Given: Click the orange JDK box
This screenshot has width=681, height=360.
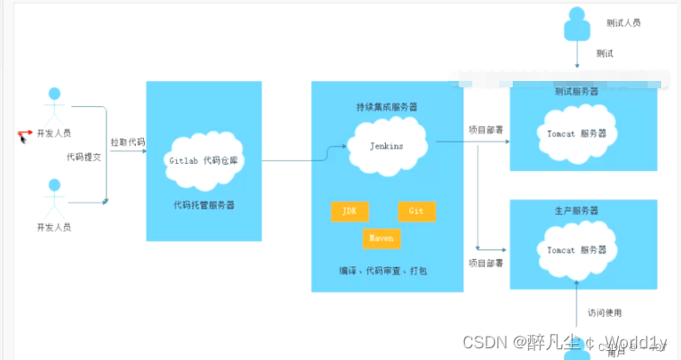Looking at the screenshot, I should pyautogui.click(x=349, y=211).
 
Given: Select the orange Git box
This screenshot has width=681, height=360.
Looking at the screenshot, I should pyautogui.click(x=417, y=211).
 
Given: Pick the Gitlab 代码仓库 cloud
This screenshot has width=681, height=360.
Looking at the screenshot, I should pyautogui.click(x=204, y=160).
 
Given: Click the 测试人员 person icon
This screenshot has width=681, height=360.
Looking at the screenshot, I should pyautogui.click(x=577, y=24).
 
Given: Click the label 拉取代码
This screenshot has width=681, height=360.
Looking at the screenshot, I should pyautogui.click(x=128, y=143).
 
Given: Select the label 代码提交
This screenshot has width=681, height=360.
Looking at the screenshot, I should pyautogui.click(x=84, y=157).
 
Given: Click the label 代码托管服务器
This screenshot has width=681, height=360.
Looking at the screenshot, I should pyautogui.click(x=203, y=205).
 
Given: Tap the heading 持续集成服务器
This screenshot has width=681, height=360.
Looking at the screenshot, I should pyautogui.click(x=387, y=107).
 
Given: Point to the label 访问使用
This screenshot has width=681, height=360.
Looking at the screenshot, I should pyautogui.click(x=605, y=313).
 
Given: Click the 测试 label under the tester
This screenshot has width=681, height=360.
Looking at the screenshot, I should pyautogui.click(x=605, y=53).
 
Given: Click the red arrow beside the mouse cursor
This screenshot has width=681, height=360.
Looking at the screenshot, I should pyautogui.click(x=25, y=134).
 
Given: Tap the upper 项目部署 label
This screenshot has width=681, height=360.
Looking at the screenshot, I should pyautogui.click(x=485, y=130).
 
